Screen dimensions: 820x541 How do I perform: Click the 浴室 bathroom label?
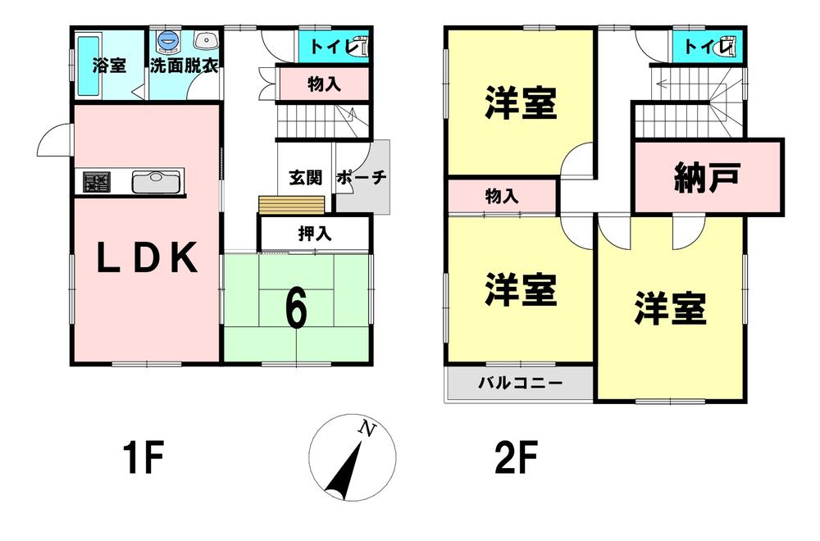(109, 66)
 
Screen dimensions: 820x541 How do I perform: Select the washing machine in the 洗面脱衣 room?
(168, 42)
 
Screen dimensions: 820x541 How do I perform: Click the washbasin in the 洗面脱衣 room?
(206, 40)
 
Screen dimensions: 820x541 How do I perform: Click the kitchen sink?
(156, 182)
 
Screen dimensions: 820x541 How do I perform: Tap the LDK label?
(147, 257)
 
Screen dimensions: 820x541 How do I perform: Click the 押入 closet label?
(315, 233)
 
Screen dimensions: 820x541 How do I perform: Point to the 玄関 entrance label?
(306, 178)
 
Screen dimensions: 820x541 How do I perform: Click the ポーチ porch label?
(362, 178)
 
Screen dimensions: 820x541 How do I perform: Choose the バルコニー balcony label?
(521, 383)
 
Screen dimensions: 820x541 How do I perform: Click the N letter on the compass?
(367, 430)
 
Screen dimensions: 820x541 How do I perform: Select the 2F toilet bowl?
(730, 46)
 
